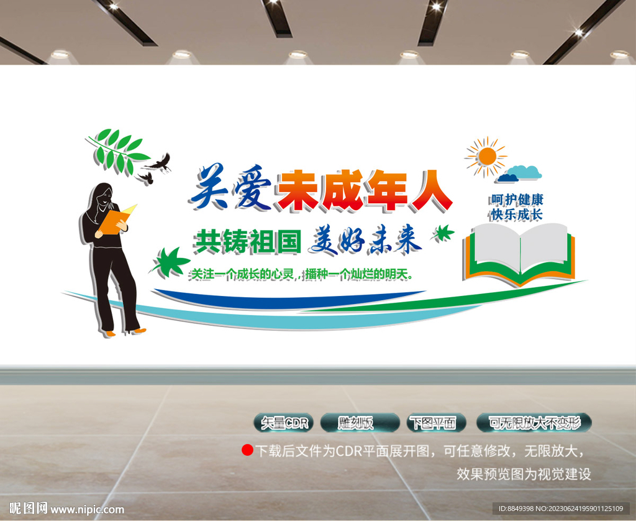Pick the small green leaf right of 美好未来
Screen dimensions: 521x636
[443, 233]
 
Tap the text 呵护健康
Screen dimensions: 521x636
[517, 200]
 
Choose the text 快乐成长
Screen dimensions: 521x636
[517, 214]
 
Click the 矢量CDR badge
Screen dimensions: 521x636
[284, 423]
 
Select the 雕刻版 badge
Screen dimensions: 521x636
[360, 423]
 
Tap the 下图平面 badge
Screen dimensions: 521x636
[437, 423]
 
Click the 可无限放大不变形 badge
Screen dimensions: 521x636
[534, 423]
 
